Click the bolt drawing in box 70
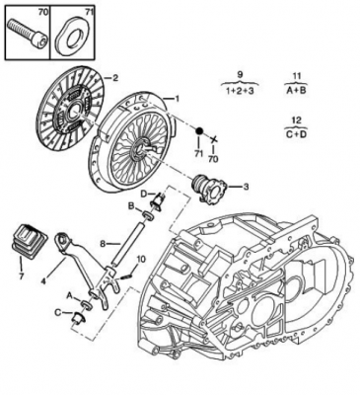click(x=27, y=33)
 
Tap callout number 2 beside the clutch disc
click(x=114, y=78)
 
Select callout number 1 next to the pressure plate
click(x=177, y=99)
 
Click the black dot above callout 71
click(x=199, y=131)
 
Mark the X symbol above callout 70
click(x=214, y=140)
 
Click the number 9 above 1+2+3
click(x=240, y=74)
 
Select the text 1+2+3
click(x=240, y=91)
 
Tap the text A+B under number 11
click(x=296, y=91)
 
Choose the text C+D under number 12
click(x=296, y=134)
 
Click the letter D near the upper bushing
click(x=144, y=194)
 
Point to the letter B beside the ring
click(x=131, y=206)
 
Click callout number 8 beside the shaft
click(x=103, y=244)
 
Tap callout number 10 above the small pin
click(x=140, y=260)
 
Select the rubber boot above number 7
click(x=30, y=241)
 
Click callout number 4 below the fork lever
click(x=43, y=281)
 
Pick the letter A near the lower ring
click(x=69, y=296)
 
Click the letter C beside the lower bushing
click(x=58, y=312)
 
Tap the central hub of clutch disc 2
click(x=72, y=112)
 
